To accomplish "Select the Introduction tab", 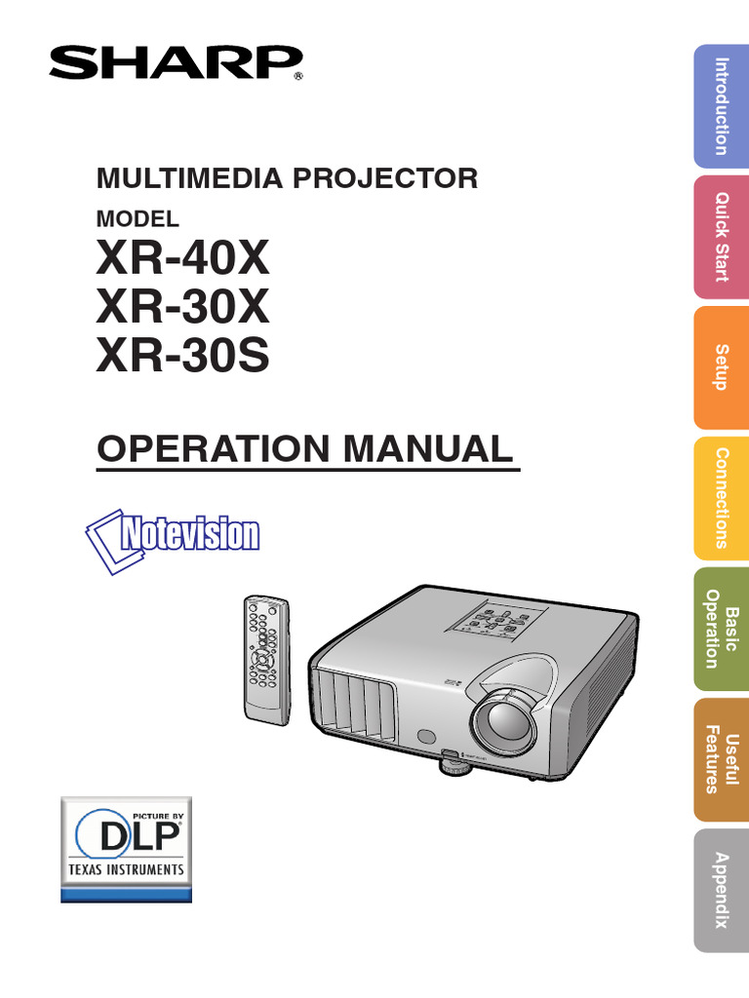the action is point(721,106).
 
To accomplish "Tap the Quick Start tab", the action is point(721,237).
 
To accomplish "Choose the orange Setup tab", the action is point(721,367).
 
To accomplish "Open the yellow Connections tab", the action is point(721,498).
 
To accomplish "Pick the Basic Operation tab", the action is point(721,629).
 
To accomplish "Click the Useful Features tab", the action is point(721,759).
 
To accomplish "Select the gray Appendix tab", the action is point(721,890).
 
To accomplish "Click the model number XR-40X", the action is point(182,260).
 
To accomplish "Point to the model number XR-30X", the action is point(182,309).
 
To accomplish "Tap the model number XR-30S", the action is point(182,358).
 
